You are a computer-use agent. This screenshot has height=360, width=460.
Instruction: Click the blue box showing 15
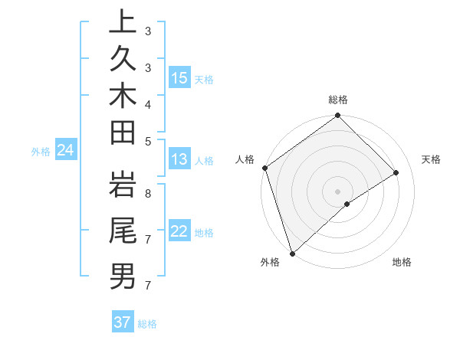coord(179,78)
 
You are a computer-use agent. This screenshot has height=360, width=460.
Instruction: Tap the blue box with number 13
coord(179,160)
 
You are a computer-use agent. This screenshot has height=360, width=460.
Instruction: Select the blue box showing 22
coord(179,231)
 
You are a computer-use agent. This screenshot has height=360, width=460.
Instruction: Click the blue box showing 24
coord(66,151)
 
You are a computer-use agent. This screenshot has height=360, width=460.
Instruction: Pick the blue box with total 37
coord(123,322)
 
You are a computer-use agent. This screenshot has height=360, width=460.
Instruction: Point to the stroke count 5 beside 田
coord(147,140)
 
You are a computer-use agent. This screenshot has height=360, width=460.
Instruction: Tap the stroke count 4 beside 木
coord(147,103)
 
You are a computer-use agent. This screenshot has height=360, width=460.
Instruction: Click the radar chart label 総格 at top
coord(337,100)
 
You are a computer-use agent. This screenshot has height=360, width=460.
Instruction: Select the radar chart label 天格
coord(431,159)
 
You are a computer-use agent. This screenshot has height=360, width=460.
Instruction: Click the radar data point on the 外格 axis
coord(292,253)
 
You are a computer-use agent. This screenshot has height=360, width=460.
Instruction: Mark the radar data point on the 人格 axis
coord(264,168)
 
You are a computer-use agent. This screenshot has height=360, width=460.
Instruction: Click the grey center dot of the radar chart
coord(337,191)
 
